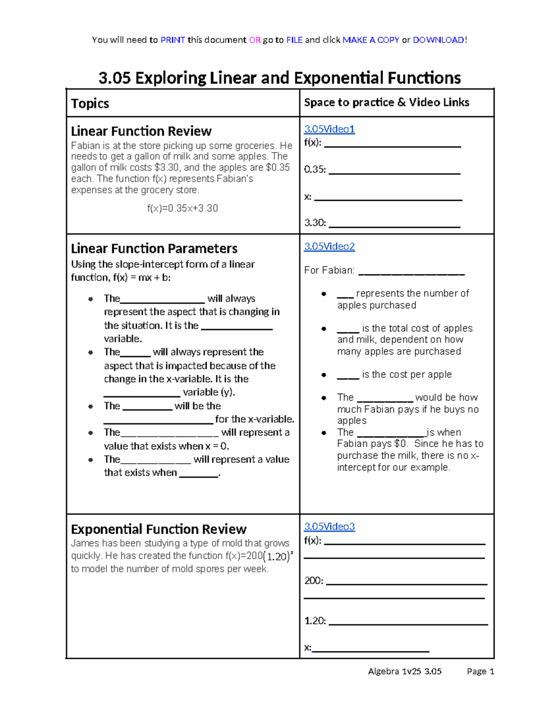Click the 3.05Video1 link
pyautogui.click(x=329, y=129)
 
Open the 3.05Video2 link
pyautogui.click(x=329, y=246)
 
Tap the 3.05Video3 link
pyautogui.click(x=329, y=527)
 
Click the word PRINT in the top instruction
pyautogui.click(x=173, y=40)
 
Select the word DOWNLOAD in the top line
pyautogui.click(x=438, y=40)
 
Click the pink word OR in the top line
pyautogui.click(x=255, y=40)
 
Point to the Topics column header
pyautogui.click(x=90, y=103)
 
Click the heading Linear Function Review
pyautogui.click(x=141, y=131)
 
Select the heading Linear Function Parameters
pyautogui.click(x=154, y=248)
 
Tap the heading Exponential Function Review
pyautogui.click(x=158, y=529)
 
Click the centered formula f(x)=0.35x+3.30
pyautogui.click(x=182, y=208)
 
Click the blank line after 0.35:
pyautogui.click(x=394, y=173)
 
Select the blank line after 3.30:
pyautogui.click(x=394, y=226)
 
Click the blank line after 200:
pyautogui.click(x=406, y=584)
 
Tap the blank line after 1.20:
pyautogui.click(x=408, y=624)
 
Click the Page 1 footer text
pyautogui.click(x=480, y=671)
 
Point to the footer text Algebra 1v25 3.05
pyautogui.click(x=405, y=671)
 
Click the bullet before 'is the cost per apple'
pyautogui.click(x=324, y=375)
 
